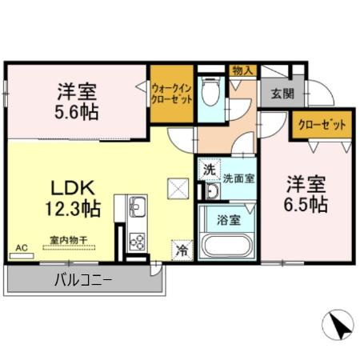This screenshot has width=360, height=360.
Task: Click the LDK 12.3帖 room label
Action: (x=75, y=199)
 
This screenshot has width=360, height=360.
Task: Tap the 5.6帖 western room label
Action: (x=78, y=101)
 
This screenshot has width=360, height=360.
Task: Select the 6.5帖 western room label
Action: (x=307, y=194)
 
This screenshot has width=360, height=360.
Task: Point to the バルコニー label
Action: (x=83, y=280)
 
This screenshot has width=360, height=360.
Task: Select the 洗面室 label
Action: (x=238, y=178)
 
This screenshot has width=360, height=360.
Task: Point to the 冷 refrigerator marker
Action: (x=182, y=250)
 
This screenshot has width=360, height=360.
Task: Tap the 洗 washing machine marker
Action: (x=209, y=169)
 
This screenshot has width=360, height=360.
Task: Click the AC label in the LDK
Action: (x=21, y=249)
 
